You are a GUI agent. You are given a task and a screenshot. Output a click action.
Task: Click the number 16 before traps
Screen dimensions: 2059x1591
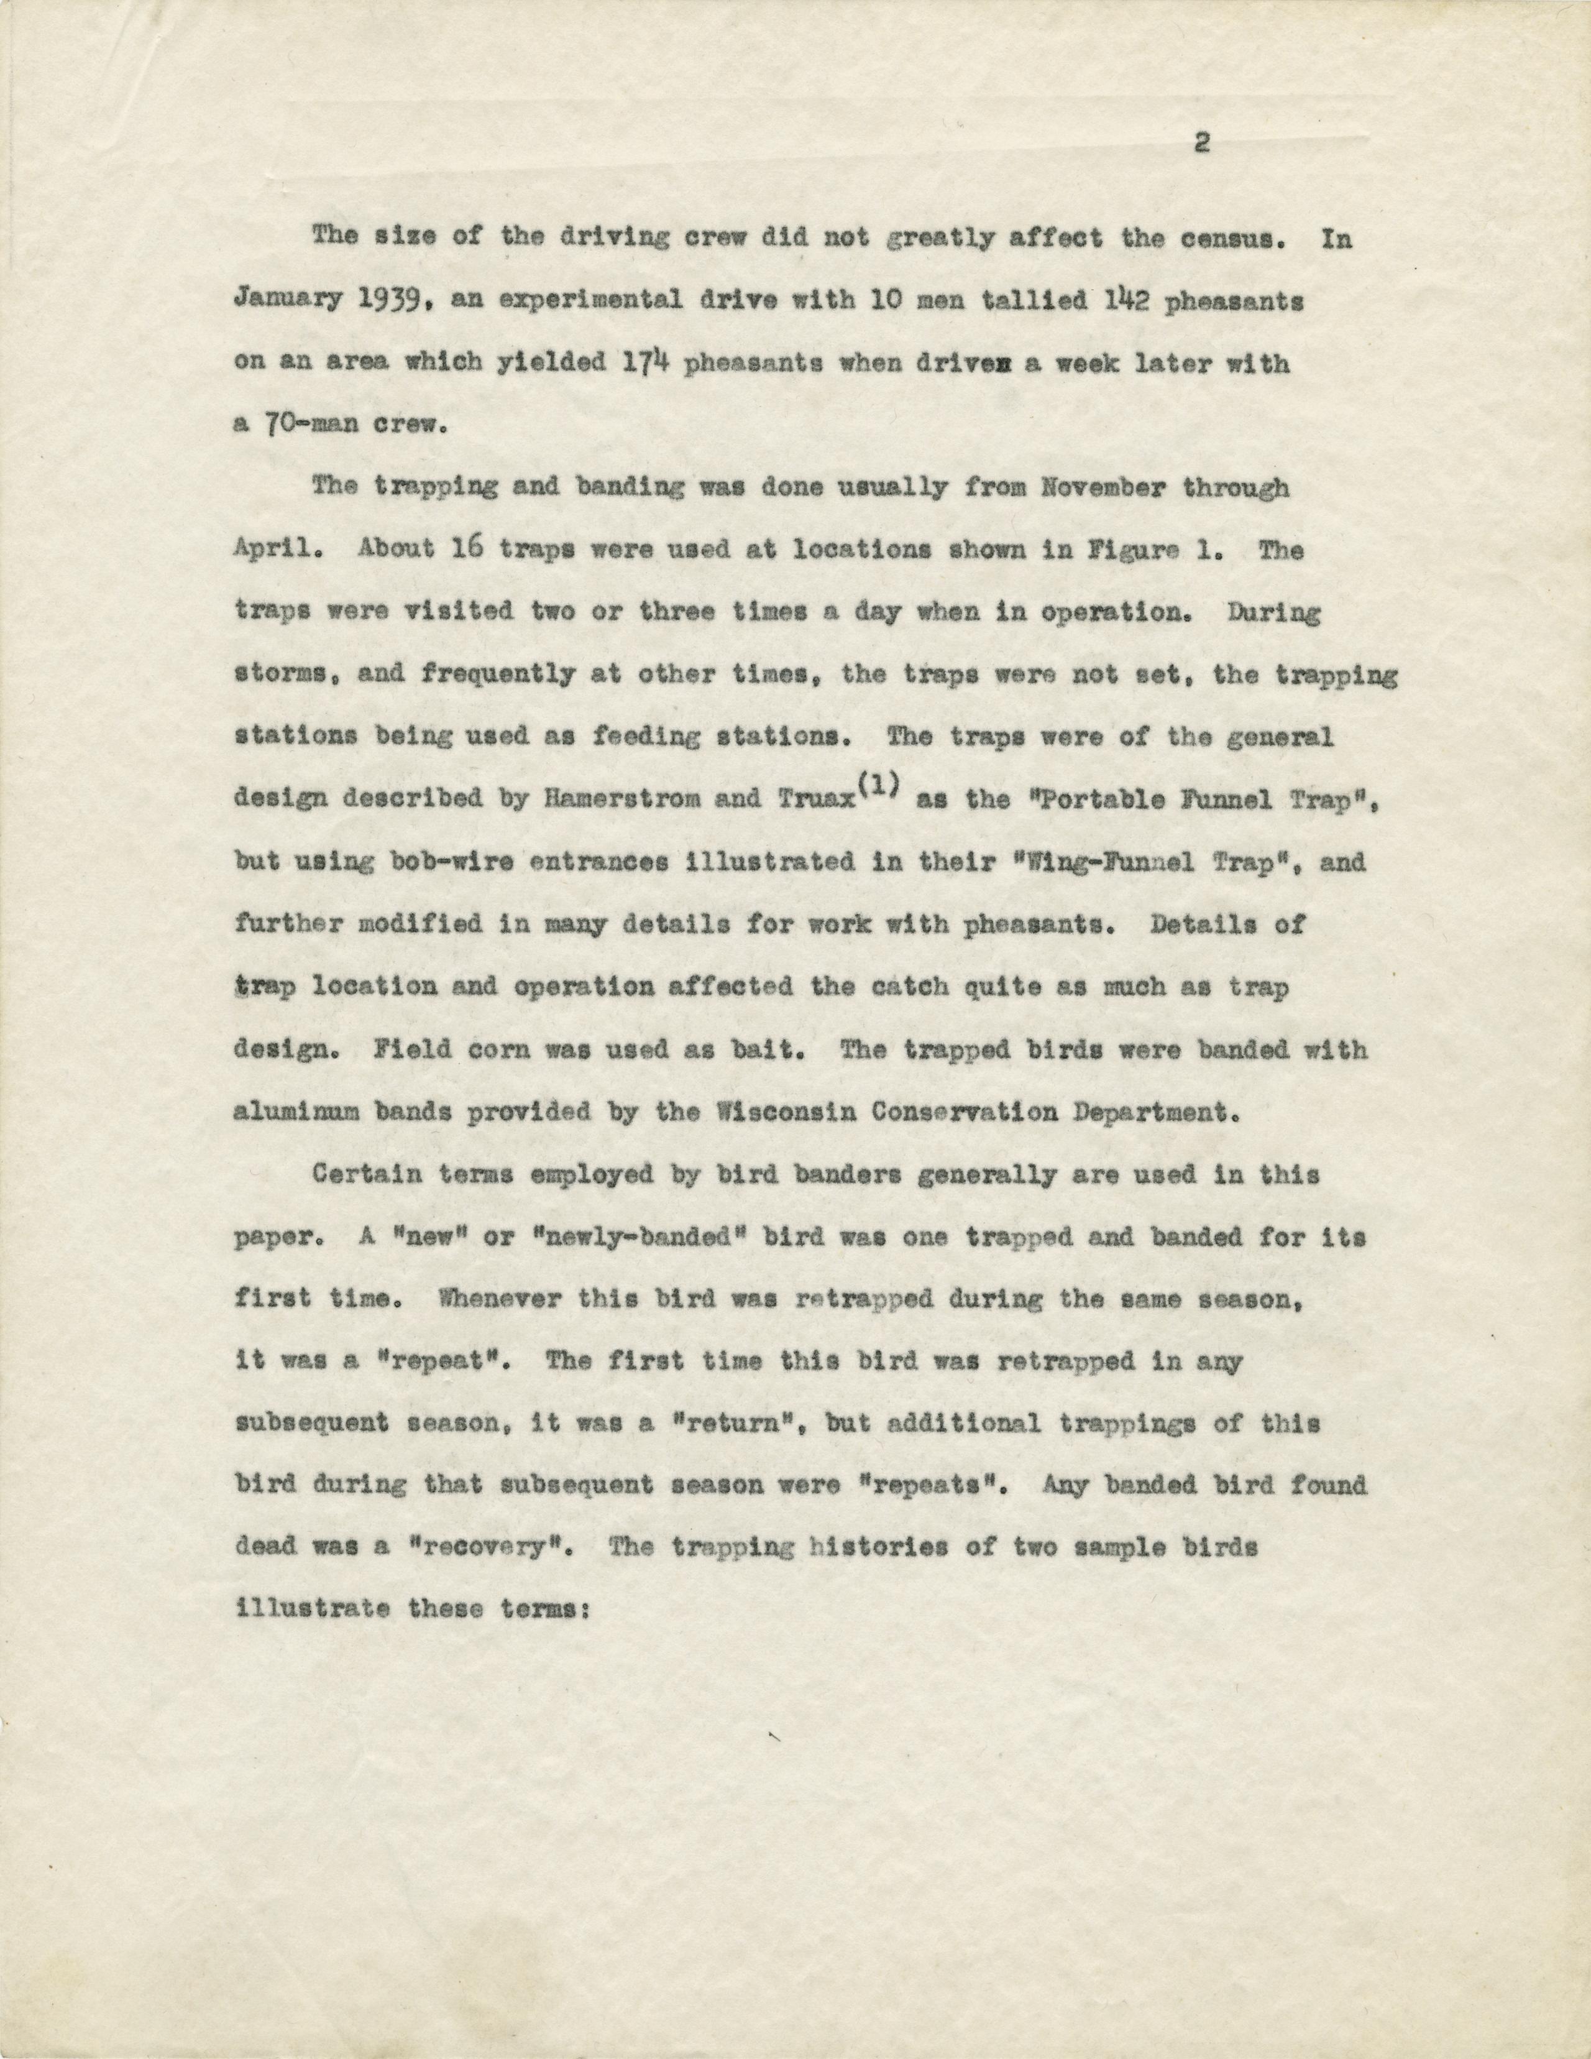pyautogui.click(x=460, y=551)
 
